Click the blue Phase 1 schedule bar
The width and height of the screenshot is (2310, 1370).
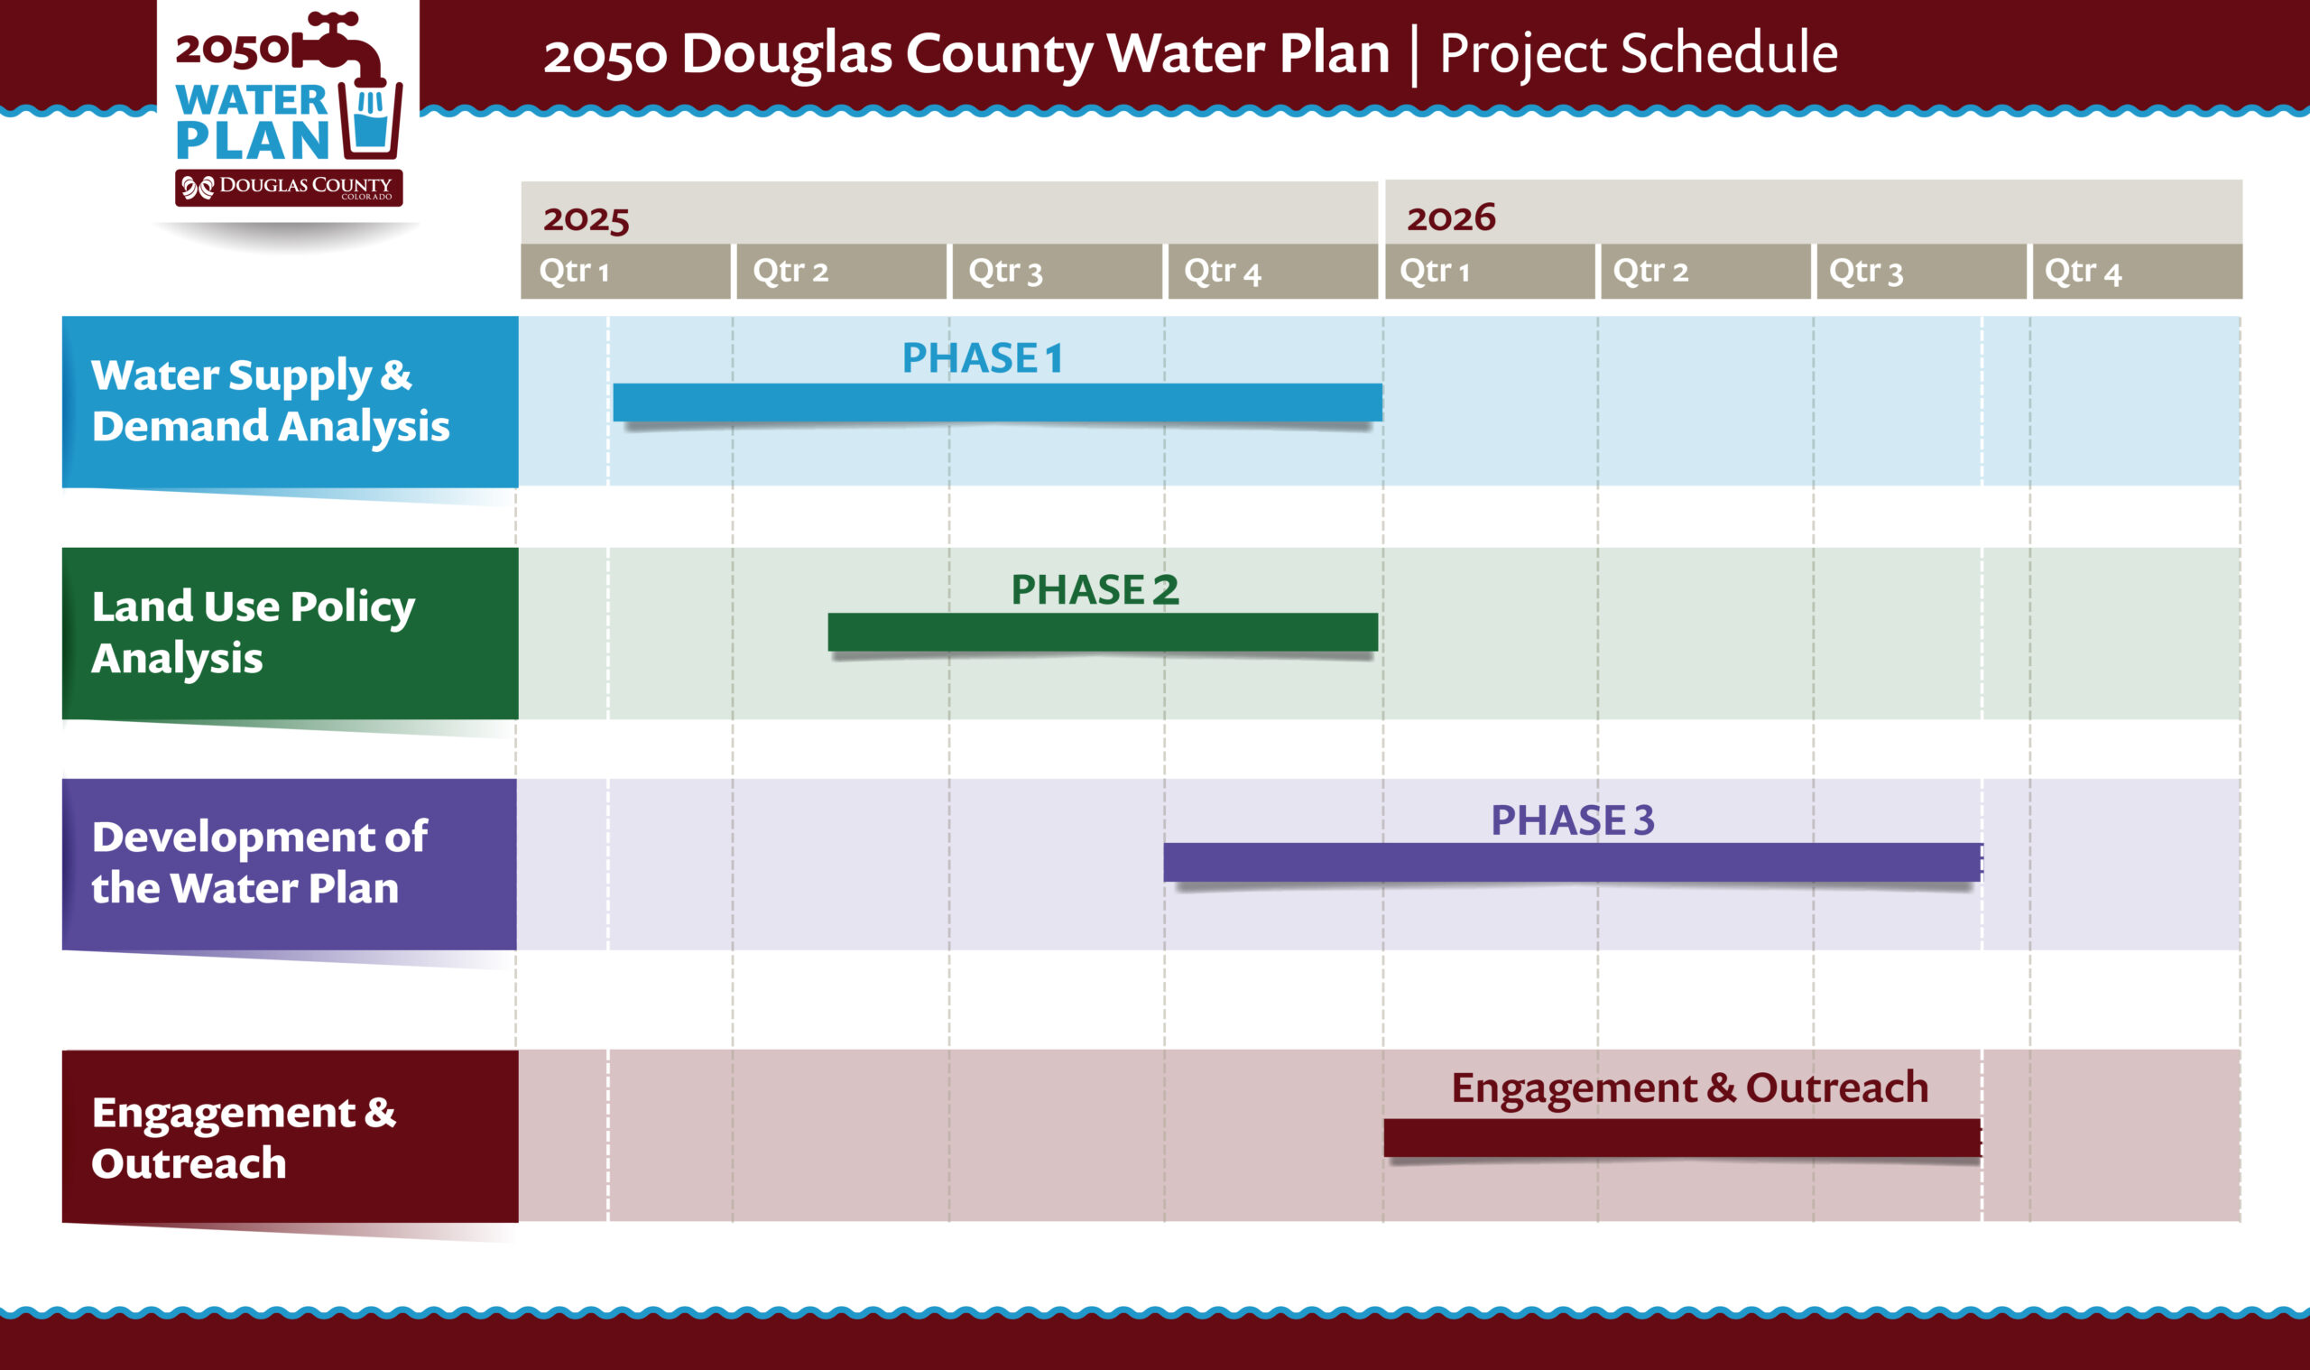pyautogui.click(x=997, y=403)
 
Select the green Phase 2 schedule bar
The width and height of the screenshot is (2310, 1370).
pyautogui.click(x=1102, y=633)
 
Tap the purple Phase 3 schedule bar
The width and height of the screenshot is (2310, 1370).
pyautogui.click(x=1572, y=861)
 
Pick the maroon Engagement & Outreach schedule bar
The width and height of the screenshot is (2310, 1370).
pyautogui.click(x=1681, y=1137)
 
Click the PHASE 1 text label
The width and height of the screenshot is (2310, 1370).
pyautogui.click(x=982, y=358)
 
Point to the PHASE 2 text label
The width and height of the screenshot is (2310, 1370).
pyautogui.click(x=1095, y=589)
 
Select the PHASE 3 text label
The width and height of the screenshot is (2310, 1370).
pyautogui.click(x=1572, y=819)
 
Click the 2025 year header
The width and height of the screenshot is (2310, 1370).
pyautogui.click(x=586, y=218)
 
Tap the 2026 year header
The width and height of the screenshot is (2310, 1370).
pyautogui.click(x=1450, y=218)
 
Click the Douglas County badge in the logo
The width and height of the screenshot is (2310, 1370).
pyautogui.click(x=289, y=188)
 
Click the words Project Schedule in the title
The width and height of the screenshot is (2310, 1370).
pyautogui.click(x=1638, y=52)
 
